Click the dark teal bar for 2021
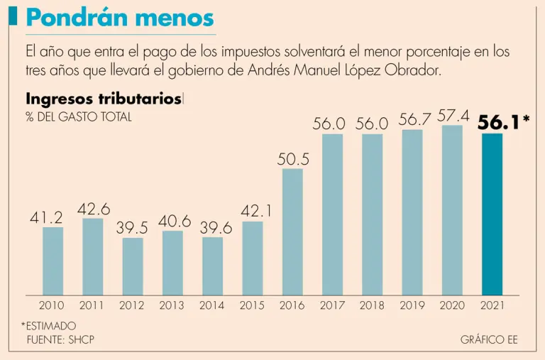coord(492,214)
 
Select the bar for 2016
coord(292,231)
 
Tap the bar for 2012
coord(132,266)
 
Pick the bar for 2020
coord(452,210)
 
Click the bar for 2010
coord(53,261)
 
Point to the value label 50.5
coord(293,159)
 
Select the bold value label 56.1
coord(499,123)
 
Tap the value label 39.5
coord(132,229)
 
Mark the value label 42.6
coord(93,209)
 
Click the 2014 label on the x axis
coord(212,305)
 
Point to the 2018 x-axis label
coord(372,305)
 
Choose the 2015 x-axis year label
coord(252,305)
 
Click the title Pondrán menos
coord(119,17)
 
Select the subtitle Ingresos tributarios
coord(103,99)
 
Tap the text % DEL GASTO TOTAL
coord(79,117)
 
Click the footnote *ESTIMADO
coord(49,326)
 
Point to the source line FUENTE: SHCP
coord(60,339)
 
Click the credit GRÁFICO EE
coord(489,339)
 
